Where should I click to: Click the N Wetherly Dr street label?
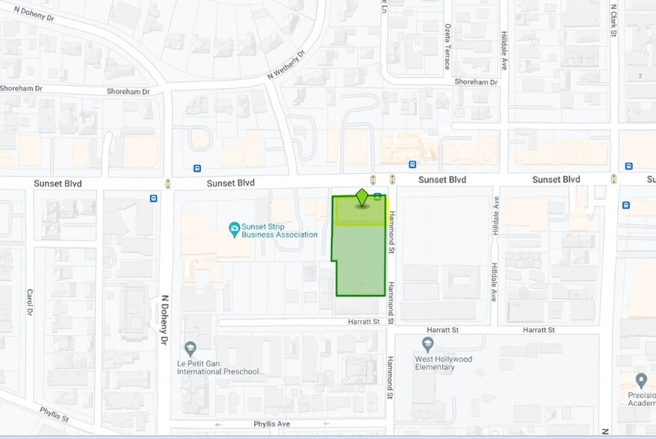pos(287,66)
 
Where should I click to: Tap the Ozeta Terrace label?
pos(447,46)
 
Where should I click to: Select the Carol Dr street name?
pos(30,302)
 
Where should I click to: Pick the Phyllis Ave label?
pos(271,423)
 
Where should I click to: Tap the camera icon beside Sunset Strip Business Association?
pos(234,227)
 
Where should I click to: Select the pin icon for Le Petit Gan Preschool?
pos(191,349)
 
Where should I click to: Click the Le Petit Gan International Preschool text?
pos(220,367)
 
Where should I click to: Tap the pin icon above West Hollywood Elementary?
pos(427,344)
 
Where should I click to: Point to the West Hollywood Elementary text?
pos(444,363)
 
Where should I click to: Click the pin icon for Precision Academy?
pos(640,381)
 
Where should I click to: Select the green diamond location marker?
pos(362,199)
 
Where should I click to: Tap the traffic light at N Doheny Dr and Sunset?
pos(168,183)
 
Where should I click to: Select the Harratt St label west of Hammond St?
pos(365,321)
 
